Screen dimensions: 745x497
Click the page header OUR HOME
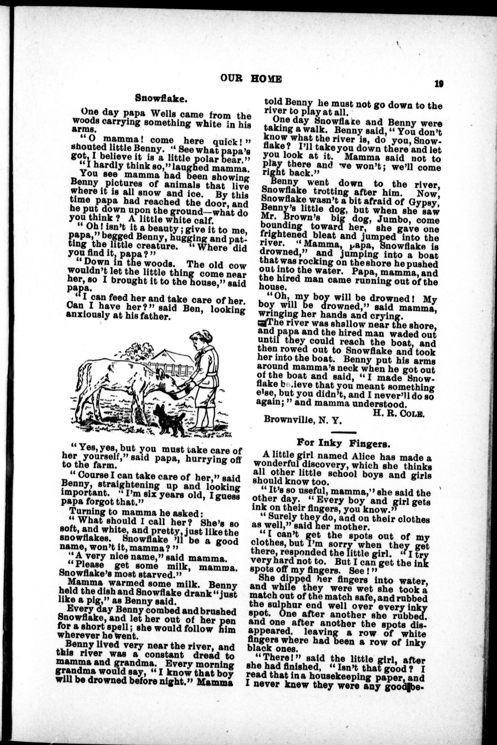click(x=251, y=78)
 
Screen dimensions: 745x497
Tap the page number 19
click(x=439, y=84)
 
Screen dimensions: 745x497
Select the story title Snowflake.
click(x=161, y=98)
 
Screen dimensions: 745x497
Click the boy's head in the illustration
click(x=201, y=339)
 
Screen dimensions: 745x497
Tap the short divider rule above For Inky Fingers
click(x=343, y=432)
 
